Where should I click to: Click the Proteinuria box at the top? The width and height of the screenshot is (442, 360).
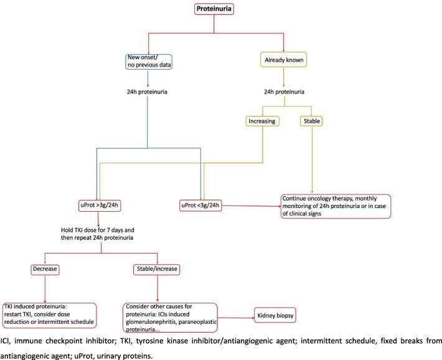coord(214,9)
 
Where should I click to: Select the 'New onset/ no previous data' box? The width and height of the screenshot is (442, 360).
coord(149,62)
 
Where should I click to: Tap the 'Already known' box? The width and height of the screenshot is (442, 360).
coord(284,60)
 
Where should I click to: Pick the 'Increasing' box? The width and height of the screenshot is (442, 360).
coord(262,121)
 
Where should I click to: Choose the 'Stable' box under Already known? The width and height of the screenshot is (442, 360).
coord(311,121)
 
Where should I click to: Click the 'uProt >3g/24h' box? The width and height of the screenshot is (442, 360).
coord(100,206)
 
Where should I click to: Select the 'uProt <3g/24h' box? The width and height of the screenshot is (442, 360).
coord(200,206)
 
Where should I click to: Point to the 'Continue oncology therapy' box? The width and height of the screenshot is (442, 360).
coord(336,206)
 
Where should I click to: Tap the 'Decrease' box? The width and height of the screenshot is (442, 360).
coord(45,269)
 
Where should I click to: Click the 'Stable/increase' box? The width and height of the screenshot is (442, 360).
coord(156,269)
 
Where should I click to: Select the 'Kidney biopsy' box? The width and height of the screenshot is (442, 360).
coord(275,315)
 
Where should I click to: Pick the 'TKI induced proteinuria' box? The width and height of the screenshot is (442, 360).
coord(50,315)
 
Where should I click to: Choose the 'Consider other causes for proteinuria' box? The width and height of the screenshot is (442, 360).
coord(170,318)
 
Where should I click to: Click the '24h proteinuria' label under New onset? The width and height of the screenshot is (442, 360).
coord(147,92)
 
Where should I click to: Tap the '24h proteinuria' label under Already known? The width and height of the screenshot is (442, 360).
coord(284,92)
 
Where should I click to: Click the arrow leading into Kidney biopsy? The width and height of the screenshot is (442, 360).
coord(236,318)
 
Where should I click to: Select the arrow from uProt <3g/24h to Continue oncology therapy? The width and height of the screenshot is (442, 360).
coord(252,206)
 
